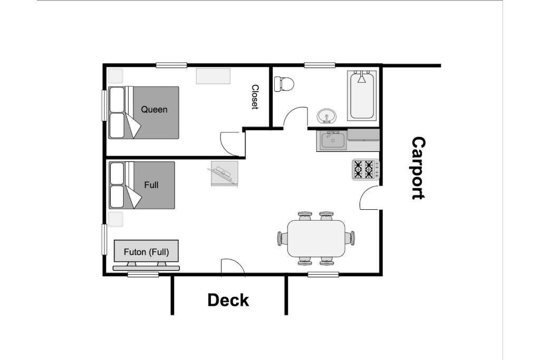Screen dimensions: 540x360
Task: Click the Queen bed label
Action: [x=154, y=110]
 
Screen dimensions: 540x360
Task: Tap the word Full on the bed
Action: [x=151, y=185]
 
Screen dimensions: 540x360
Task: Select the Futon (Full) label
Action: [x=147, y=252]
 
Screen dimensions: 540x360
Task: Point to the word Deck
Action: [x=228, y=300]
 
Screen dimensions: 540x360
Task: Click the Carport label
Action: [x=418, y=168]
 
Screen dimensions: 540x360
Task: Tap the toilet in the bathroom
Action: [x=284, y=84]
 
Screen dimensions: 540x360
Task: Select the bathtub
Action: [x=362, y=95]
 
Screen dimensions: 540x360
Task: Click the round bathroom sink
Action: [x=326, y=116]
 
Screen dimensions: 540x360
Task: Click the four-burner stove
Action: [x=365, y=169]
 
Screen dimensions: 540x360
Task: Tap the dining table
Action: [x=316, y=238]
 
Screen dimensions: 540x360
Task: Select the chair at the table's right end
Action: [x=350, y=238]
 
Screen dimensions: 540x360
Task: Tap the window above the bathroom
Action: [x=320, y=65]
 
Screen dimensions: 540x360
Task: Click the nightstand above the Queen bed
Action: [x=115, y=76]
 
